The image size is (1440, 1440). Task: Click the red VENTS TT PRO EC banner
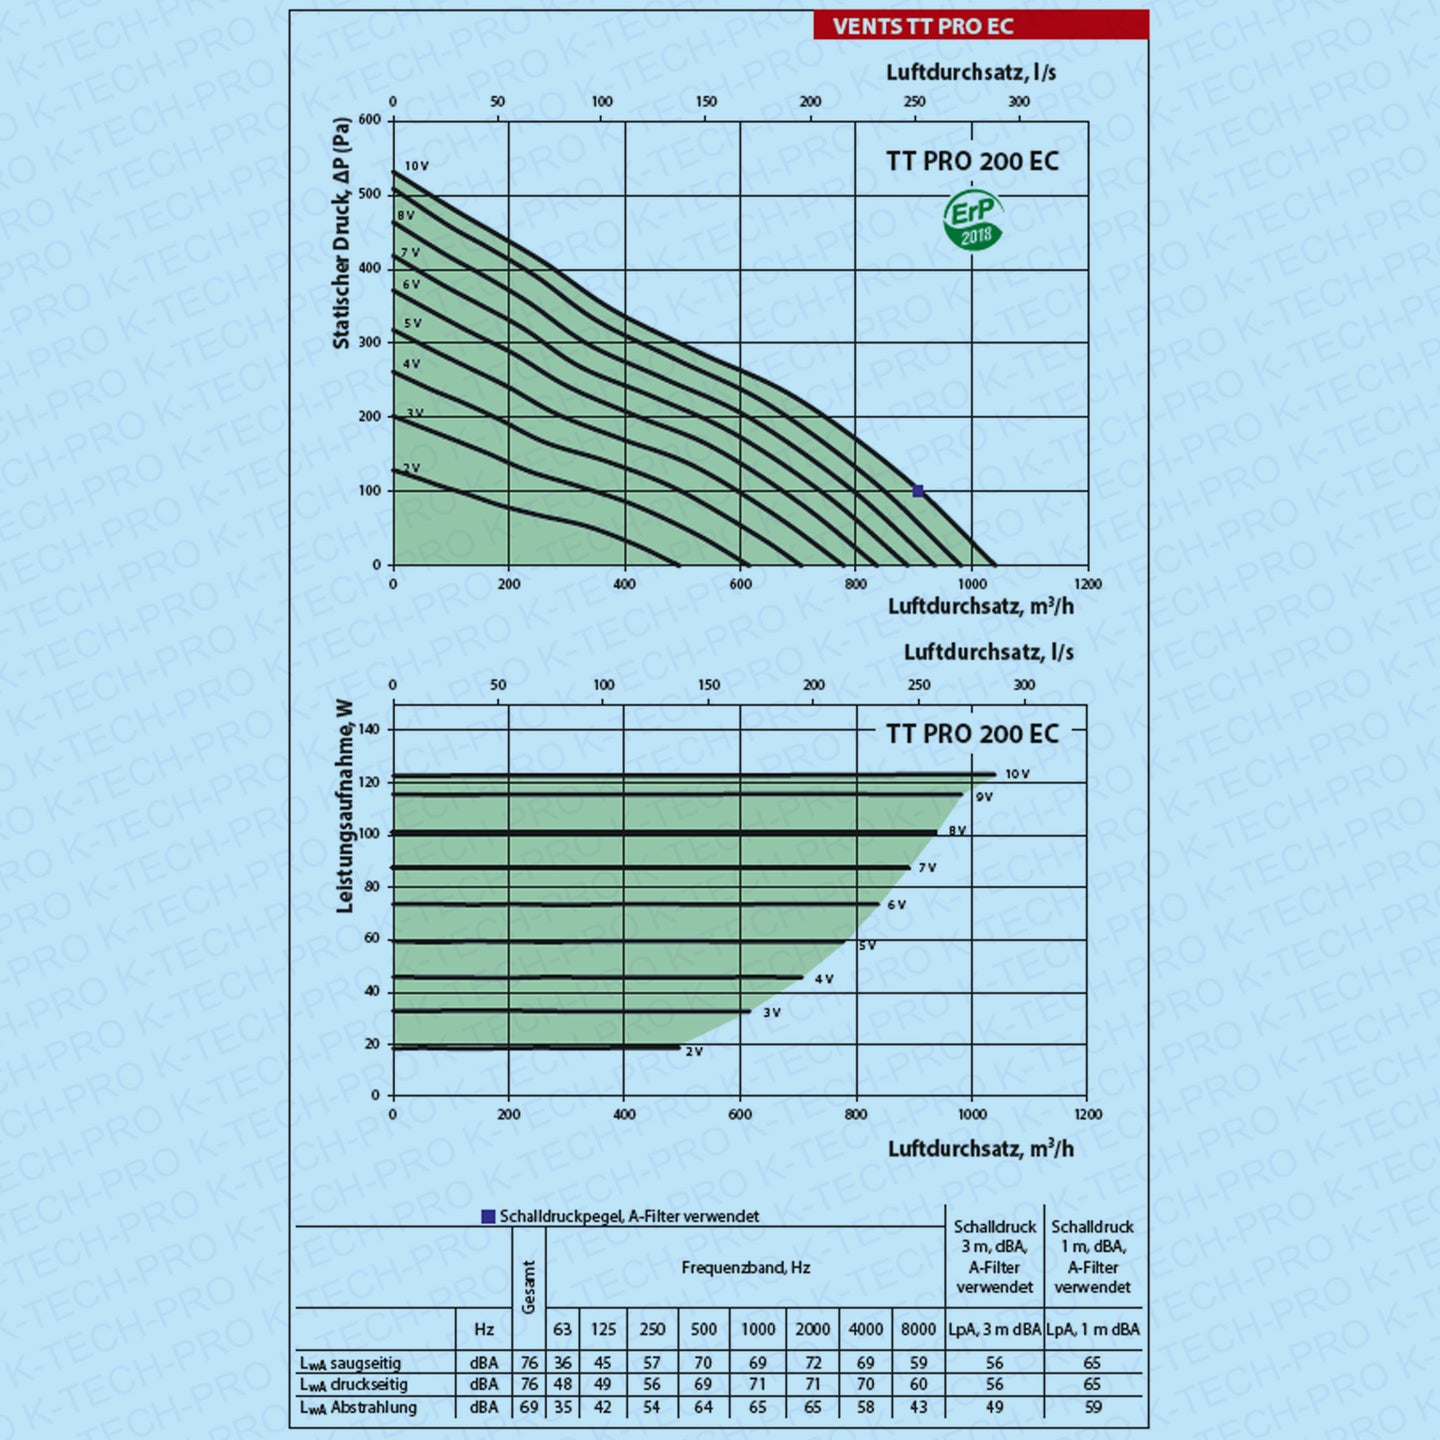click(x=980, y=25)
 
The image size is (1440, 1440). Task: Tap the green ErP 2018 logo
click(x=972, y=221)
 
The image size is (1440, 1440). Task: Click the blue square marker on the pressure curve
click(x=918, y=491)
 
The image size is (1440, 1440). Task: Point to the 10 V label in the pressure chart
click(x=416, y=166)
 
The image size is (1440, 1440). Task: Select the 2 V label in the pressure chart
click(x=411, y=467)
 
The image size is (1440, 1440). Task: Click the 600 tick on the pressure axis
click(x=370, y=120)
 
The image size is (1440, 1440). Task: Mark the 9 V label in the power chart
click(x=984, y=797)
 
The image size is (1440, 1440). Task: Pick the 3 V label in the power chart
click(x=771, y=1013)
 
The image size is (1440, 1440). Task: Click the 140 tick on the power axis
click(x=369, y=729)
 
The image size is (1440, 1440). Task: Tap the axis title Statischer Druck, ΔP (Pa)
click(x=342, y=234)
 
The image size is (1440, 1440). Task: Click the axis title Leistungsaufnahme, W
click(x=345, y=806)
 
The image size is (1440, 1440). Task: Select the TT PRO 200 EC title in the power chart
click(x=972, y=734)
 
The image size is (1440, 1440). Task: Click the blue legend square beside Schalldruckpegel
click(x=488, y=1217)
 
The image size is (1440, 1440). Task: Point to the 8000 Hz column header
click(x=918, y=1329)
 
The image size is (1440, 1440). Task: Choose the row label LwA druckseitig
click(x=353, y=1385)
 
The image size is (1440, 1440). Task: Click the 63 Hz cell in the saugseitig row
click(x=563, y=1363)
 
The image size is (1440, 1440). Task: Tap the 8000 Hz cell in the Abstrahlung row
click(x=918, y=1407)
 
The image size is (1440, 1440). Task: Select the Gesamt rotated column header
click(x=529, y=1287)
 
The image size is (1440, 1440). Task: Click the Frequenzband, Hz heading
click(x=745, y=1268)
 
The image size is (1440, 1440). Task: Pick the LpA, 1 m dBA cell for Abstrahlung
click(x=1092, y=1407)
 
